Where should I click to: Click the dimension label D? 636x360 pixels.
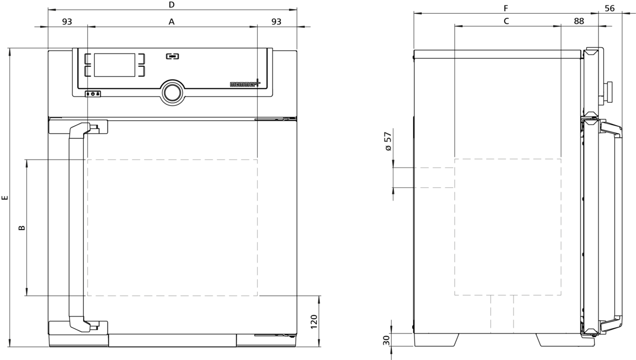pyautogui.click(x=172, y=5)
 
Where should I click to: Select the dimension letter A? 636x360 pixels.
pyautogui.click(x=171, y=22)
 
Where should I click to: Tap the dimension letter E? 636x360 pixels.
pyautogui.click(x=5, y=198)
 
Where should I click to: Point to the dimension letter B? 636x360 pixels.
pyautogui.click(x=22, y=228)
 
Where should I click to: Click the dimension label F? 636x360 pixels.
pyautogui.click(x=506, y=8)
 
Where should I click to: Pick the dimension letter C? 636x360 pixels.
pyautogui.click(x=506, y=21)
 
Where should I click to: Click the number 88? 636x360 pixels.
pyautogui.click(x=579, y=21)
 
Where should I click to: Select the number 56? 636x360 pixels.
pyautogui.click(x=609, y=8)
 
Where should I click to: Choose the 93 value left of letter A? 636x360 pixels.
pyautogui.click(x=67, y=22)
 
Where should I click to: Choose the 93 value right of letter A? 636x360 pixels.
pyautogui.click(x=276, y=22)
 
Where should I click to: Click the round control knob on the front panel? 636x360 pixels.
pyautogui.click(x=172, y=92)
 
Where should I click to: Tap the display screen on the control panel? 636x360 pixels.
pyautogui.click(x=114, y=65)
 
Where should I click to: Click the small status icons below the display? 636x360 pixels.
pyautogui.click(x=93, y=94)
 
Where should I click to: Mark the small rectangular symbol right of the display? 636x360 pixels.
pyautogui.click(x=172, y=55)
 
